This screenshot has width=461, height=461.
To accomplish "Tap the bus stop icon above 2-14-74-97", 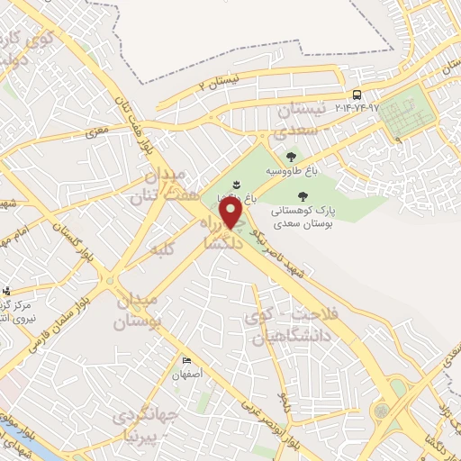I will (x=357, y=95).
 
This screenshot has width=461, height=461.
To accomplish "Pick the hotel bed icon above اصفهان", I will (x=185, y=359).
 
